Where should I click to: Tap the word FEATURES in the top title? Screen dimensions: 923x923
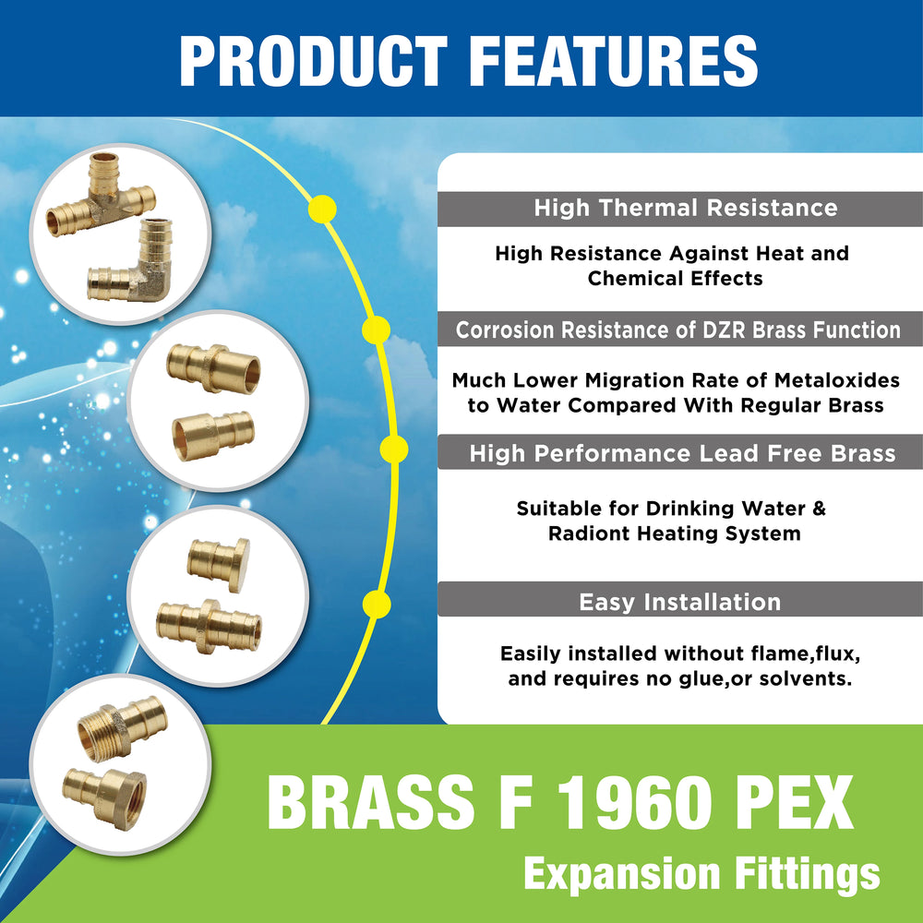click(614, 61)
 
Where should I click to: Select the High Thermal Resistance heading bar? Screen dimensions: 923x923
click(680, 209)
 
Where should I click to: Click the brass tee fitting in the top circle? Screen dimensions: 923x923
click(102, 193)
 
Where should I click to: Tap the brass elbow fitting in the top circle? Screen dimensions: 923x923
click(131, 261)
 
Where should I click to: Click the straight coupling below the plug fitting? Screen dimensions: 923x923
click(209, 627)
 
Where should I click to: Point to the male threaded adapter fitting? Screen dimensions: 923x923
click(123, 728)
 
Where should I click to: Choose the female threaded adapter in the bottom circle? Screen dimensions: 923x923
click(105, 797)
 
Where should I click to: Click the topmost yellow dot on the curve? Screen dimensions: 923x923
click(322, 209)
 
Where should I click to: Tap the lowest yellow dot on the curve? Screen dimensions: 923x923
click(377, 605)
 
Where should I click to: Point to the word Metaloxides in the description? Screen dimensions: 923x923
click(836, 380)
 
